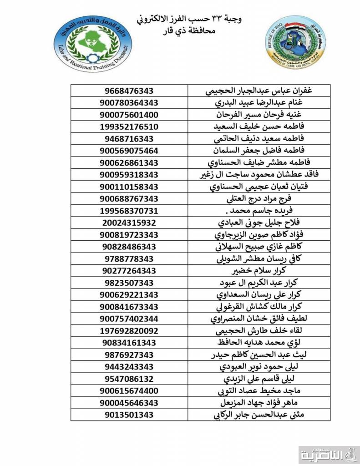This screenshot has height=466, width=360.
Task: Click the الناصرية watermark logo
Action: [329, 453]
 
